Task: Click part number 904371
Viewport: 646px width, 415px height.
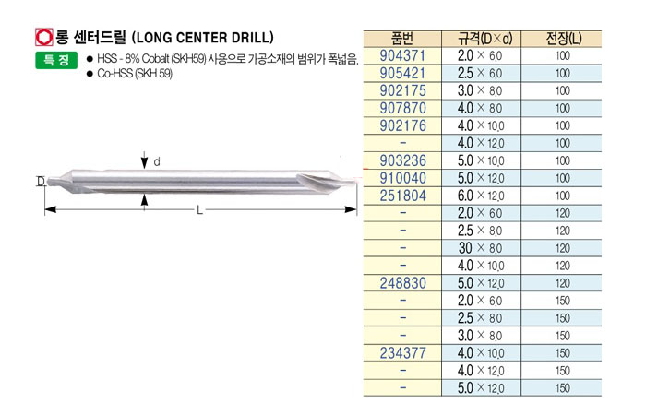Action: [402, 55]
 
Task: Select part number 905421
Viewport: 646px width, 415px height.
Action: [402, 73]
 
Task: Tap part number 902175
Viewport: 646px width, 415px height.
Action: [402, 90]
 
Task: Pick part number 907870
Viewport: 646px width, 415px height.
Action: [402, 108]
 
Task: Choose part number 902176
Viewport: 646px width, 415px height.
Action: [402, 125]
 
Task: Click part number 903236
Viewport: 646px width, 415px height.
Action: [402, 160]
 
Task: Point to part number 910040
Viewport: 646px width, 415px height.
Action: [402, 178]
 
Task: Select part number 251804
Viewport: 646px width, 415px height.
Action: [402, 196]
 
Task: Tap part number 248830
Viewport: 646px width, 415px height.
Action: [402, 283]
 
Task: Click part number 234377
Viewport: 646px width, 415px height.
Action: [402, 353]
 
